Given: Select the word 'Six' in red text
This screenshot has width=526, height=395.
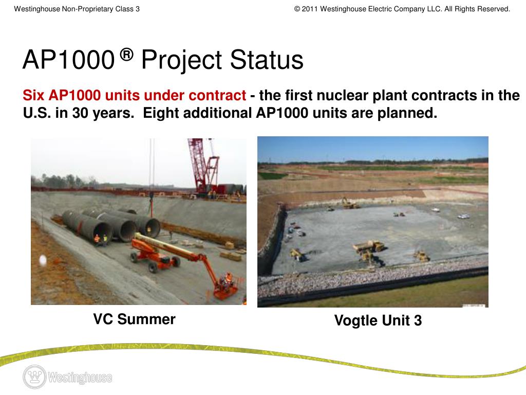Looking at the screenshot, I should tap(34, 96).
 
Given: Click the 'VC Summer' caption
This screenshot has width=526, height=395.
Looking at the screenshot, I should tap(134, 319).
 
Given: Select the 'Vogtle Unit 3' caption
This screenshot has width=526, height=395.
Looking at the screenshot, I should tap(378, 321).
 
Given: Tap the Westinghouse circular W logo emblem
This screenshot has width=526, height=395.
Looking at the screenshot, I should tap(34, 377).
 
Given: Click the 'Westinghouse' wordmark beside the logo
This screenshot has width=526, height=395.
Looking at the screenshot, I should tap(80, 378).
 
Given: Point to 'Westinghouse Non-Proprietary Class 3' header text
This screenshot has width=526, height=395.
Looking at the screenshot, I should tap(77, 9).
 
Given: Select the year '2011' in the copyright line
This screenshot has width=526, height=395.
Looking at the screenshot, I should tap(310, 9).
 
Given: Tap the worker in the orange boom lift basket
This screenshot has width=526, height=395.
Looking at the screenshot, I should tap(226, 280).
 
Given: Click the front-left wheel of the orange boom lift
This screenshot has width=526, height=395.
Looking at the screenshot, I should tap(153, 267).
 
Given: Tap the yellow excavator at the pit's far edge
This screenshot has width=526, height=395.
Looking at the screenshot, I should tap(350, 204).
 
